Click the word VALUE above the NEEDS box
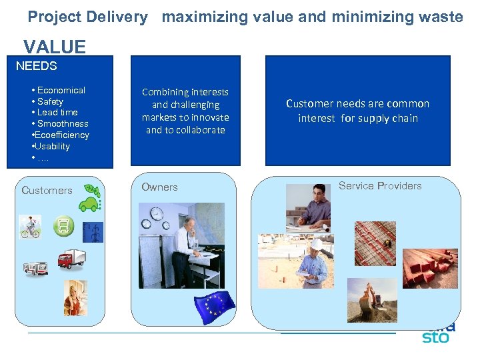click(55, 47)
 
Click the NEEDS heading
click(36, 66)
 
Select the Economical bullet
click(61, 90)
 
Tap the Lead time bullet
click(57, 112)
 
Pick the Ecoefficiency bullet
click(61, 135)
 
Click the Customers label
click(47, 190)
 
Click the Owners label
click(159, 187)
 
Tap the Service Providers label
click(380, 186)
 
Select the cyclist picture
click(30, 226)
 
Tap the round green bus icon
click(64, 227)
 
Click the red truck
click(71, 259)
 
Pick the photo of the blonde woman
click(75, 297)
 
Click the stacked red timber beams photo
click(429, 267)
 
